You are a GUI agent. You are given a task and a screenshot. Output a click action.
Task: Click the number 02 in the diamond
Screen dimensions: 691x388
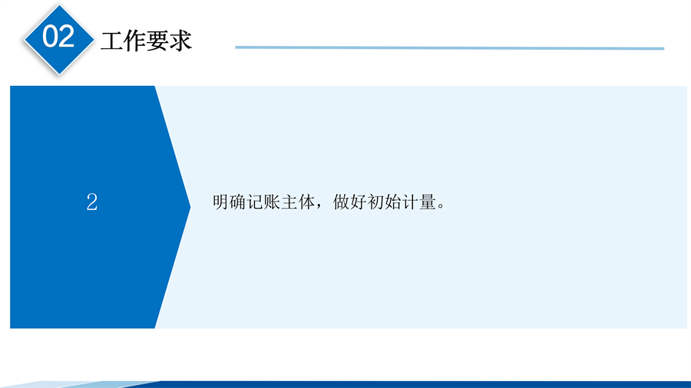(58, 36)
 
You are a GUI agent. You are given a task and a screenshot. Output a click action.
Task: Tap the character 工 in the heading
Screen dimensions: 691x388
(112, 41)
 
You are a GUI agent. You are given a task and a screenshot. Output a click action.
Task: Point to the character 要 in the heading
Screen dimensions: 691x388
(157, 41)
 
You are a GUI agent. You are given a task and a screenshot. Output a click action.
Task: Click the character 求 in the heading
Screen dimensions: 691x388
(180, 41)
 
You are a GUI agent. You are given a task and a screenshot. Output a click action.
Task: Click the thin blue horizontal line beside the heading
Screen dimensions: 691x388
(449, 48)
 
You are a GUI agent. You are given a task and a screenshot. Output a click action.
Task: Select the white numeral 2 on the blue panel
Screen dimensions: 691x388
(91, 202)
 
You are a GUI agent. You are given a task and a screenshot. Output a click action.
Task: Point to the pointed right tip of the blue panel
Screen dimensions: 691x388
(190, 207)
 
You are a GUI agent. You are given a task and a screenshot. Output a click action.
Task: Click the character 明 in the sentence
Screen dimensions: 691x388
(220, 202)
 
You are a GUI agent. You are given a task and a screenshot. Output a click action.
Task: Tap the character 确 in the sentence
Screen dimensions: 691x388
(237, 202)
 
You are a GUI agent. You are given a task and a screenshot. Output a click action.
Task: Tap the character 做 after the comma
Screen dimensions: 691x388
(341, 202)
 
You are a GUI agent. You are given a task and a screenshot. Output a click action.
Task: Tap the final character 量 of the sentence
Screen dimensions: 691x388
(427, 202)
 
